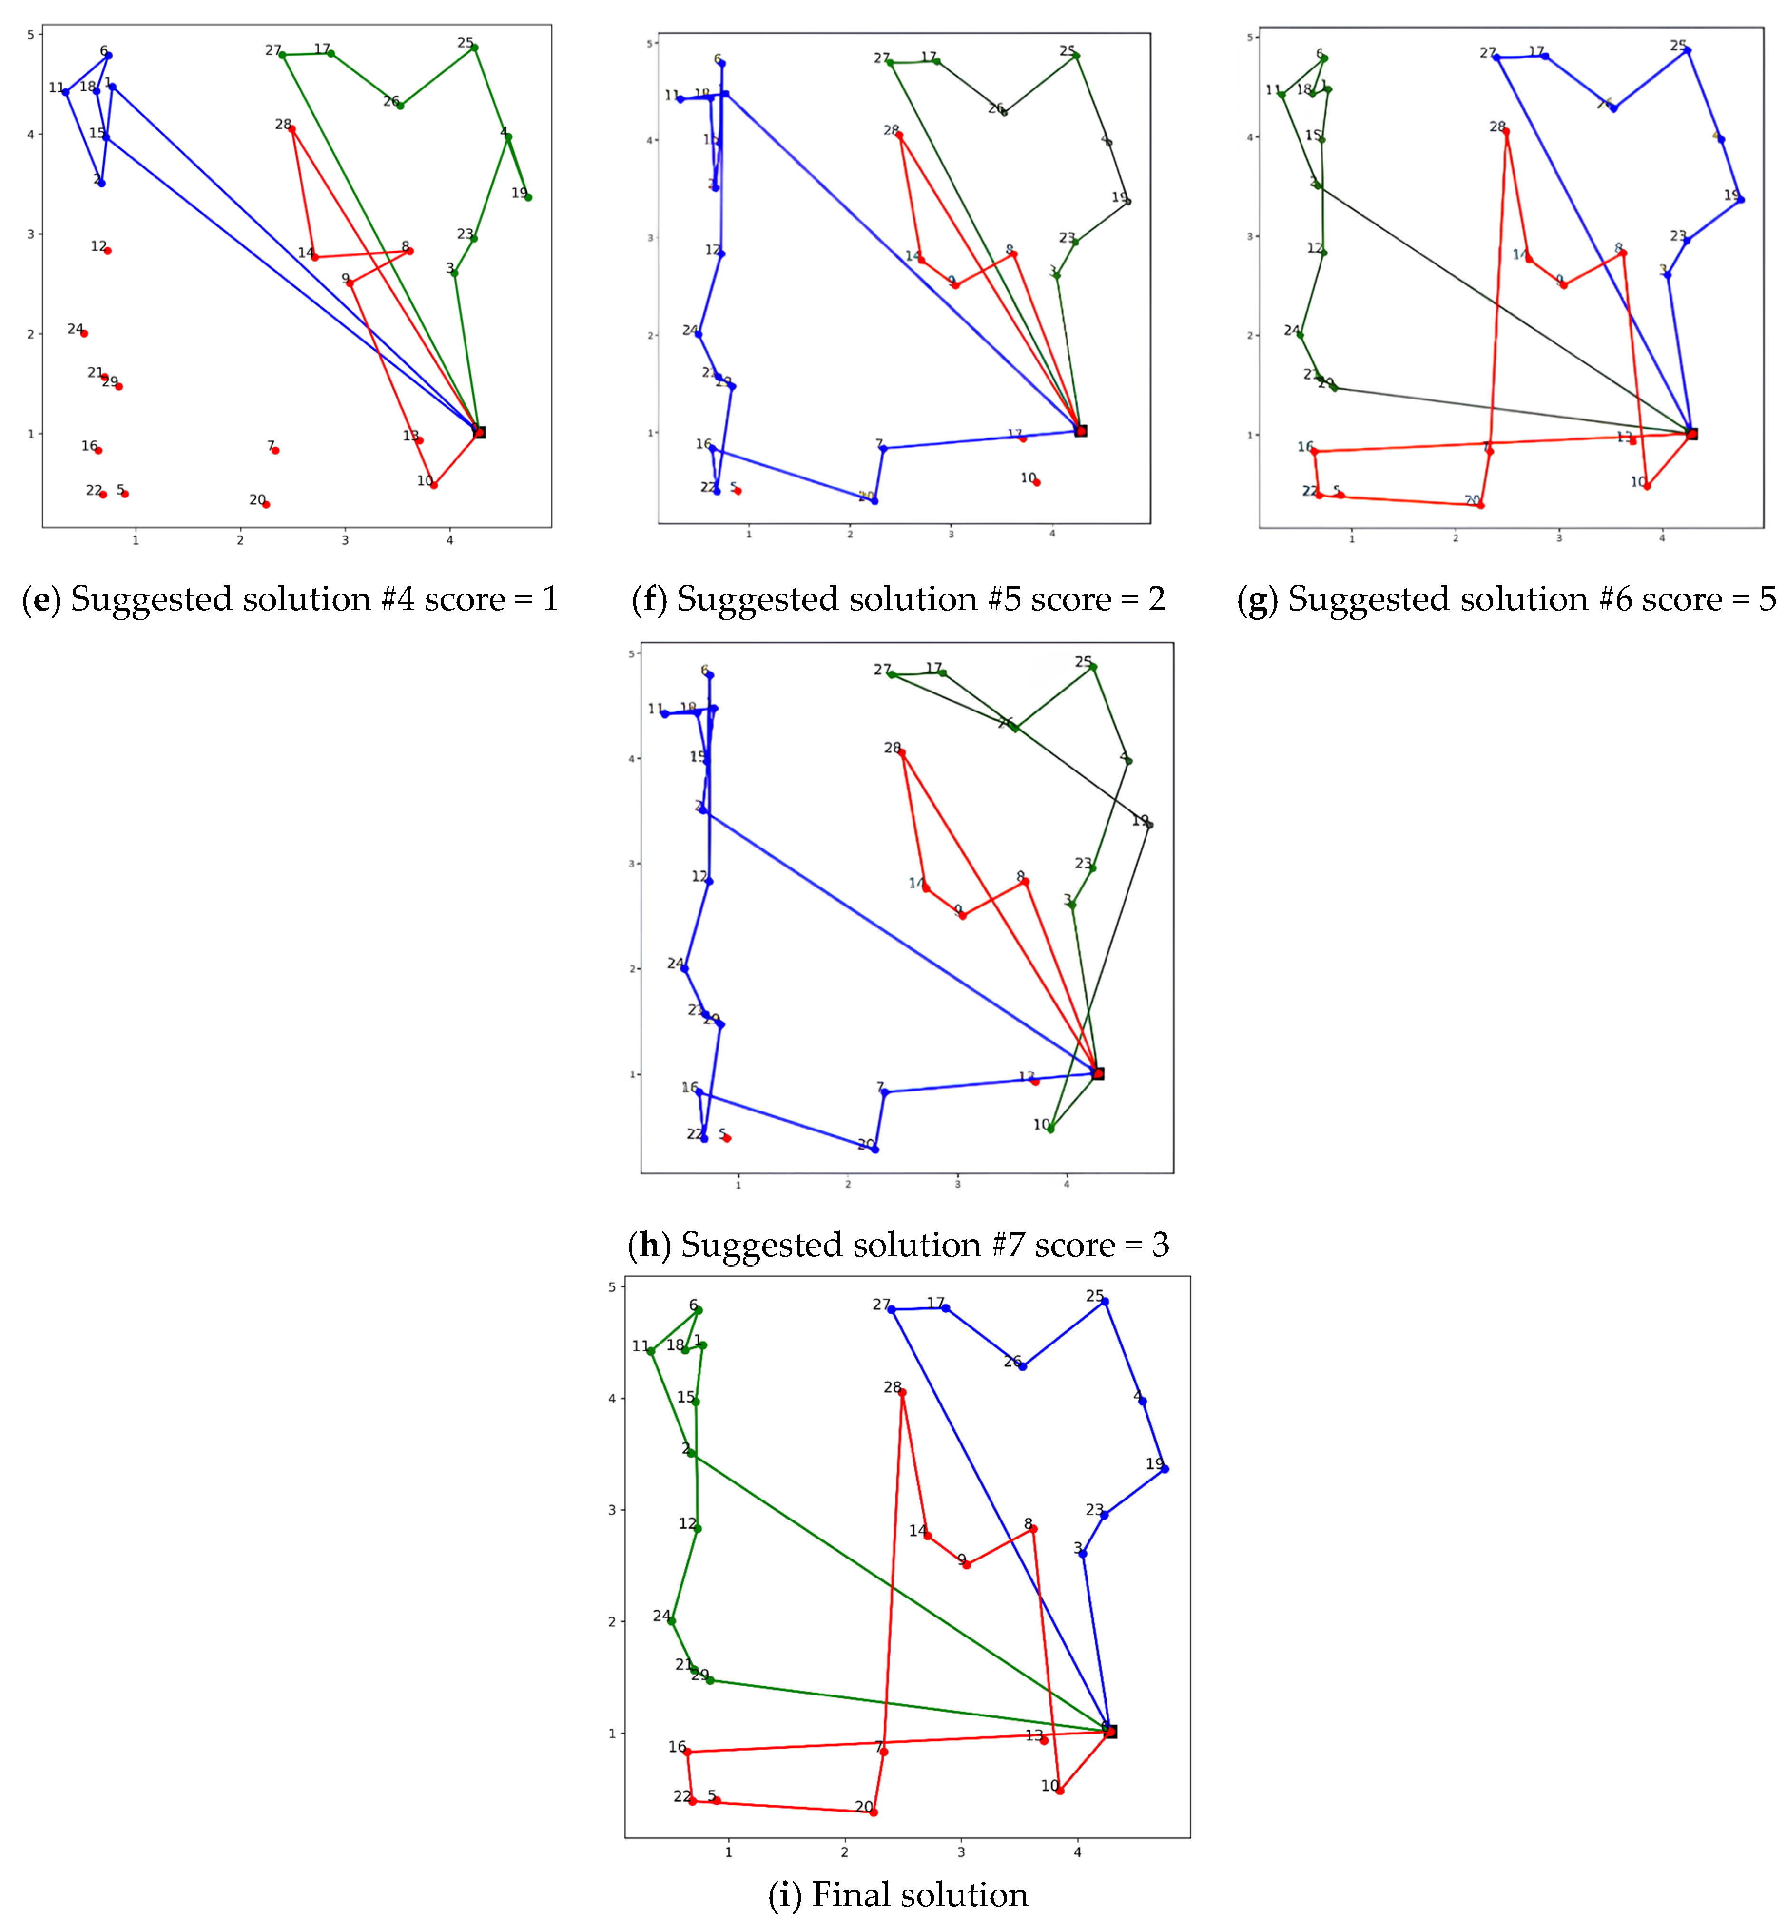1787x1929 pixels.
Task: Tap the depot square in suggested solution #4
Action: [x=479, y=432]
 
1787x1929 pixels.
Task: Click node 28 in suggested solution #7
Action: [x=902, y=752]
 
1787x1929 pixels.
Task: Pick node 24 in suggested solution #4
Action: [x=84, y=332]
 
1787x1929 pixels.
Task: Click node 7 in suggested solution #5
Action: [x=883, y=448]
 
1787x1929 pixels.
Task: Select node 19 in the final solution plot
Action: [x=1164, y=1469]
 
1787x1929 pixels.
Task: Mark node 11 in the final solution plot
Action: [x=651, y=1351]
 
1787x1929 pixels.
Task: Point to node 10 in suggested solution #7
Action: [x=1050, y=1129]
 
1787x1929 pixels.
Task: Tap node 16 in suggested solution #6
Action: [x=1314, y=450]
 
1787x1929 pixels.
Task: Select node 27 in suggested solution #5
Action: [x=890, y=62]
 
